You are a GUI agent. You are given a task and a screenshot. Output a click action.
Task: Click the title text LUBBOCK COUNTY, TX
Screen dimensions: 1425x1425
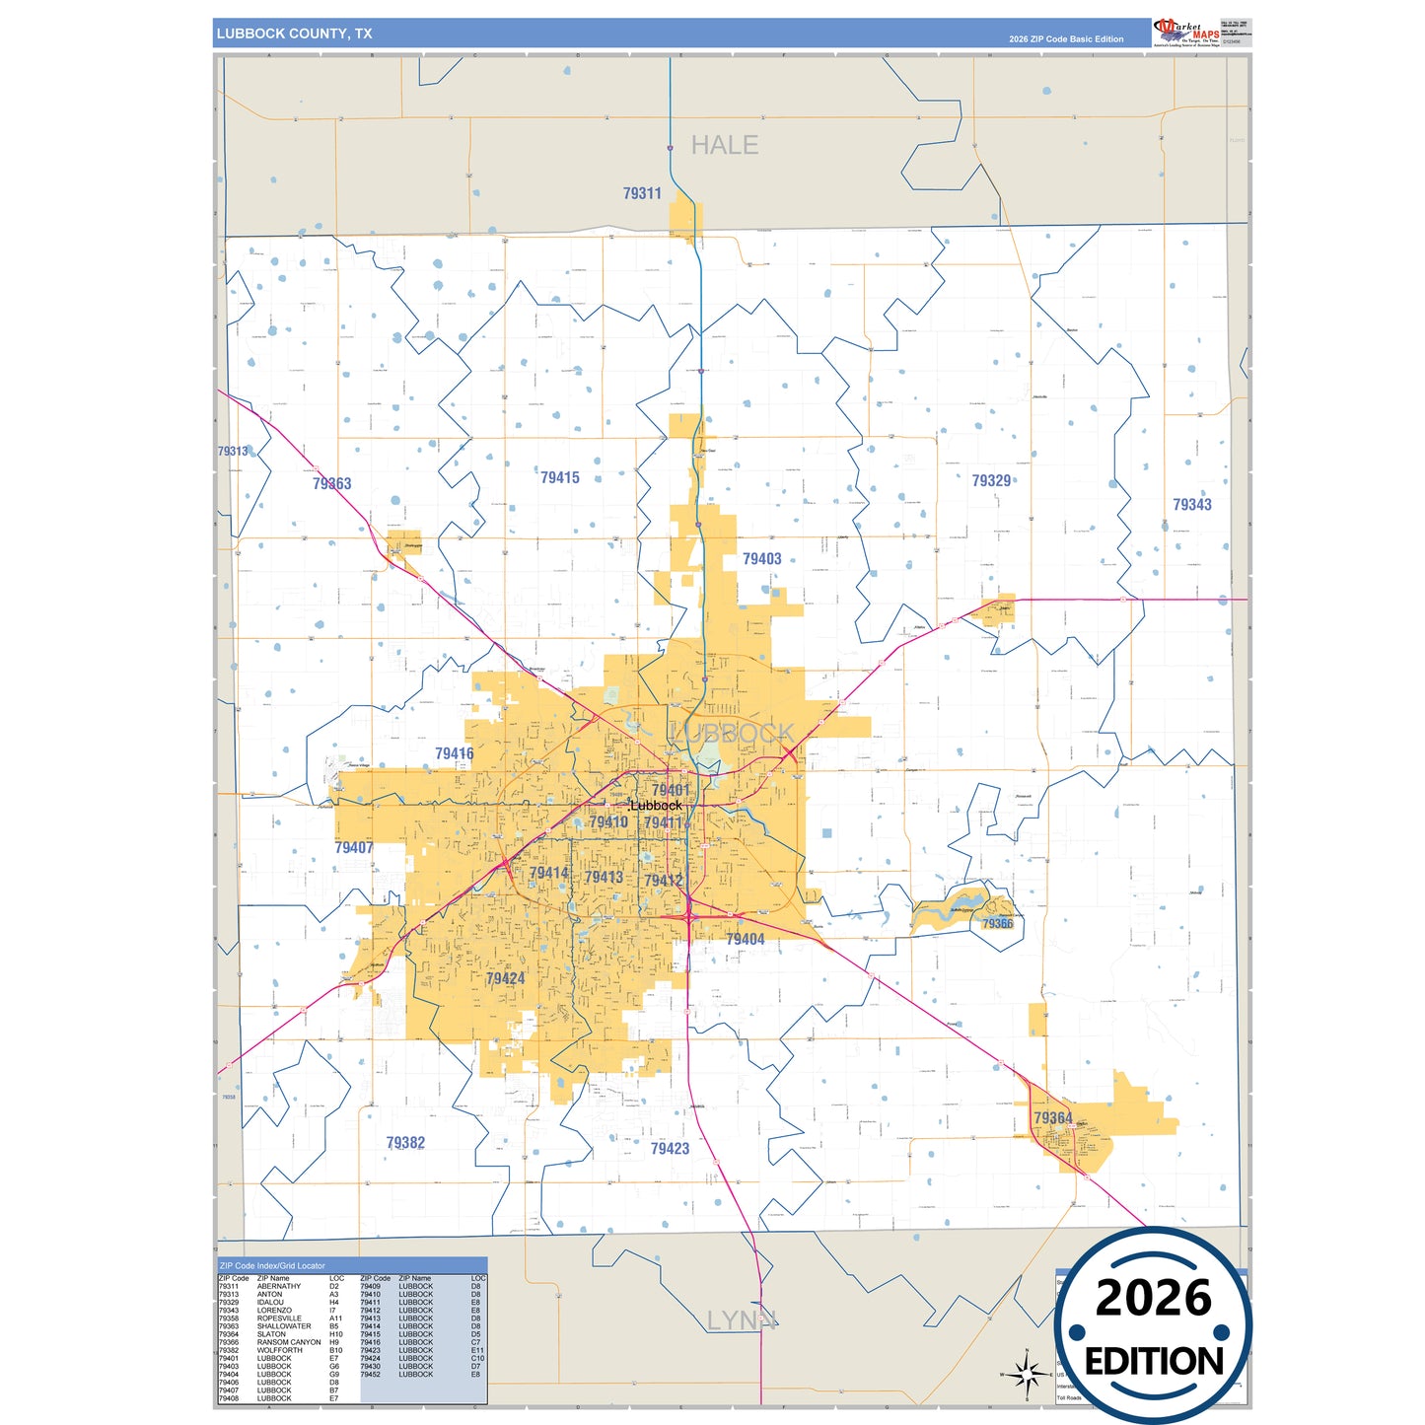tap(294, 34)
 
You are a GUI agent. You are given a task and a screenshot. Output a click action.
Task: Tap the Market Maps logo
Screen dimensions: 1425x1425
tap(1187, 33)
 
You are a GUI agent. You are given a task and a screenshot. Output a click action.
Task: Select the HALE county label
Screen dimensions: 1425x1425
tap(724, 146)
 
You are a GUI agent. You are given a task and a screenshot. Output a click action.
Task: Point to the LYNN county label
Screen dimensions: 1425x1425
tap(741, 1320)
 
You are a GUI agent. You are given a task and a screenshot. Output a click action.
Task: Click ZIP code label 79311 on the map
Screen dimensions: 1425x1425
tap(642, 193)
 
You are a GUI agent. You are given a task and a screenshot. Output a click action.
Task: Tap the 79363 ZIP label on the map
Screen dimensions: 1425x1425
tap(331, 483)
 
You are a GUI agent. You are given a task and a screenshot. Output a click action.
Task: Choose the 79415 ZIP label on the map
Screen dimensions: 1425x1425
tap(559, 477)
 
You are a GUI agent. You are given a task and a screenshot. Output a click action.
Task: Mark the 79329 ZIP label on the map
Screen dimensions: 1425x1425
tap(991, 480)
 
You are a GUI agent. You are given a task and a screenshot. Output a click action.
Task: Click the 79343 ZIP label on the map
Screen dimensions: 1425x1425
tap(1191, 504)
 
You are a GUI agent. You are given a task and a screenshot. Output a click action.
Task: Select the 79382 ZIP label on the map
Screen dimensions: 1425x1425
tap(405, 1143)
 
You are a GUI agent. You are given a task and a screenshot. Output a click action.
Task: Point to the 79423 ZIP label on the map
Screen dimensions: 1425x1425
tap(670, 1148)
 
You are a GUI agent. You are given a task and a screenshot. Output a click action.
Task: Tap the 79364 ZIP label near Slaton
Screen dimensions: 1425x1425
tap(1052, 1117)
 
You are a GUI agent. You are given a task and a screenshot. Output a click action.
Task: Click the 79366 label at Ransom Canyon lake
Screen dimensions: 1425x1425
tap(997, 923)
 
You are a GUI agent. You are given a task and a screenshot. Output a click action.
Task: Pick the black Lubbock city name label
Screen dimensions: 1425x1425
tap(656, 806)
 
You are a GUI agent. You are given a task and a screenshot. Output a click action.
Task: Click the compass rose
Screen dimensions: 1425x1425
tap(1027, 1373)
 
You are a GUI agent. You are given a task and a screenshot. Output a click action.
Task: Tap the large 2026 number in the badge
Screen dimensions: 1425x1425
tap(1153, 1299)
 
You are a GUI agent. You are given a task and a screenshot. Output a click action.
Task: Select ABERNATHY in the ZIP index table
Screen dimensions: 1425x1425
tap(279, 1286)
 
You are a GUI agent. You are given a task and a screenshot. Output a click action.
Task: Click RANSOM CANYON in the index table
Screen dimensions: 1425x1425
tap(289, 1342)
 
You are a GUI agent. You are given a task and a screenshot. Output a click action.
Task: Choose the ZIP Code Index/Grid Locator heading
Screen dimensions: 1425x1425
tap(272, 1265)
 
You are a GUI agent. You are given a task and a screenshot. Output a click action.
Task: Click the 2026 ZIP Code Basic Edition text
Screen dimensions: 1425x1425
tap(1065, 39)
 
